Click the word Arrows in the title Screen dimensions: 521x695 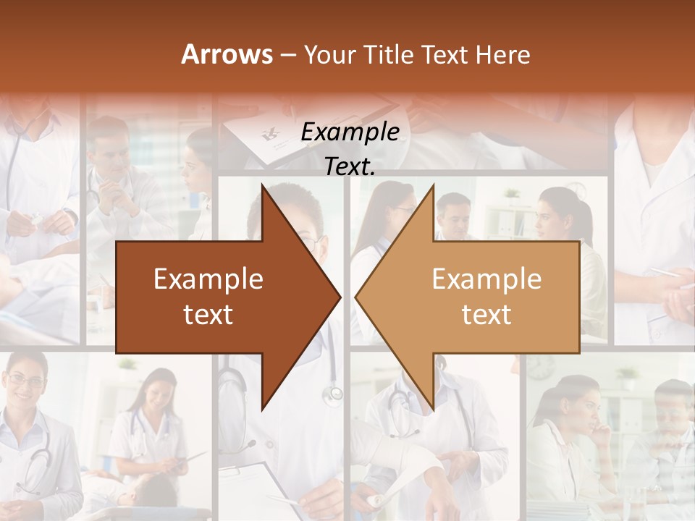[x=227, y=54]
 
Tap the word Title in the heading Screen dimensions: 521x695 [x=392, y=54]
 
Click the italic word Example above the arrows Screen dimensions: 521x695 [x=350, y=132]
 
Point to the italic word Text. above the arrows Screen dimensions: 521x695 [x=350, y=166]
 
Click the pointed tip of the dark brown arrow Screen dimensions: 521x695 [x=340, y=297]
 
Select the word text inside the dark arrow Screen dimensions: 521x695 [x=208, y=315]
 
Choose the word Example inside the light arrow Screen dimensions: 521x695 [x=486, y=279]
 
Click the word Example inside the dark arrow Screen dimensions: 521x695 [x=208, y=279]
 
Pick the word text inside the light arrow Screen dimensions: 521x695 [x=486, y=315]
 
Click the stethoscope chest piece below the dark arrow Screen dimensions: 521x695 [x=334, y=394]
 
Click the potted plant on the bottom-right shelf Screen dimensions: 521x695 [x=627, y=376]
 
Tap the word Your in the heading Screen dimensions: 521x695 [x=327, y=54]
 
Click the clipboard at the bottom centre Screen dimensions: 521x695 [x=253, y=485]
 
